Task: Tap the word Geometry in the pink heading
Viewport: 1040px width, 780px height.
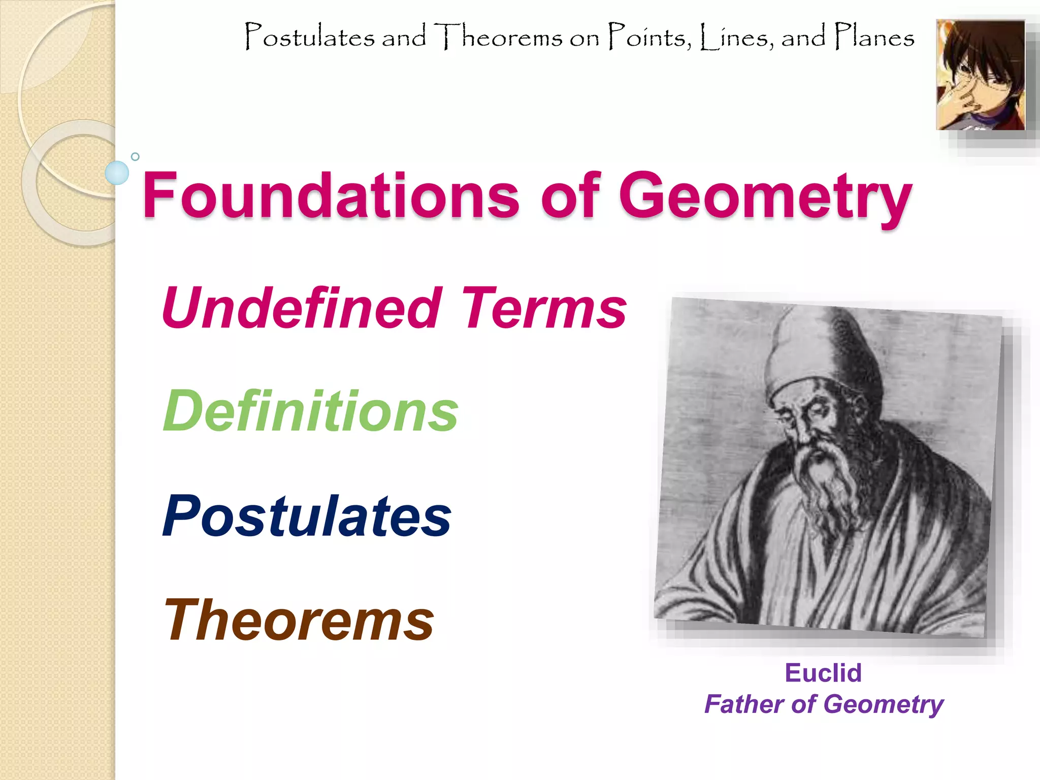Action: tap(765, 198)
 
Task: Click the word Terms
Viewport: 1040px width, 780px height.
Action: tap(544, 308)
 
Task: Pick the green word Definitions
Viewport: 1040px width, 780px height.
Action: tap(310, 411)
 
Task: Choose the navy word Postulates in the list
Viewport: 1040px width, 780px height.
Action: tap(307, 516)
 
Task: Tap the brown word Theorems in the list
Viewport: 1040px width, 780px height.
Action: tap(299, 620)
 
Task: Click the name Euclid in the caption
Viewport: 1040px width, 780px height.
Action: tap(823, 673)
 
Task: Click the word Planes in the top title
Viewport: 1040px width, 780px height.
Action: tap(874, 37)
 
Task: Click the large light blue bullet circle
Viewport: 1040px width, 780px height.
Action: tap(117, 173)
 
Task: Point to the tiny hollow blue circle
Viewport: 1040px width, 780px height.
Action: tap(135, 156)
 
